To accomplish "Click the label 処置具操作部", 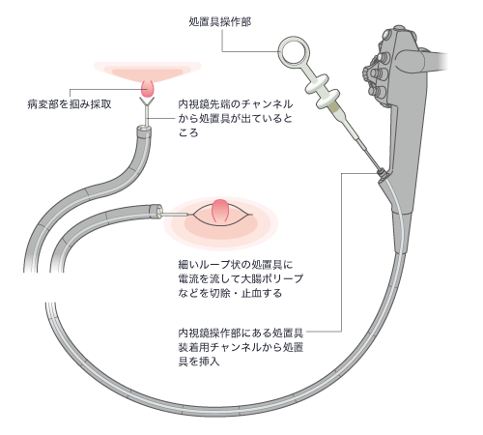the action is click(220, 22).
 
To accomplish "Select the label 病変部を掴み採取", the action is click(70, 104).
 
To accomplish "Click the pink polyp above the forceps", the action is click(148, 88).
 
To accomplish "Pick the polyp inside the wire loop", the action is click(220, 211).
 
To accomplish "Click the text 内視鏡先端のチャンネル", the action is click(236, 104).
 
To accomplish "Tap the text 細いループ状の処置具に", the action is click(236, 265).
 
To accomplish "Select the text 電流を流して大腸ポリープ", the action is click(241, 278).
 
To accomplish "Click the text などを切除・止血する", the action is click(230, 293).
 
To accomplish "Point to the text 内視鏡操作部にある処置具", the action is click(241, 333).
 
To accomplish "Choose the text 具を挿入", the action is click(199, 361).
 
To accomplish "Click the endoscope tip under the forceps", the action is click(144, 131).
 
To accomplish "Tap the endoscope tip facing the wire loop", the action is click(156, 211).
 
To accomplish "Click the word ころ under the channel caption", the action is click(188, 132).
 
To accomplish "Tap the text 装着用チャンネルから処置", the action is click(241, 347).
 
